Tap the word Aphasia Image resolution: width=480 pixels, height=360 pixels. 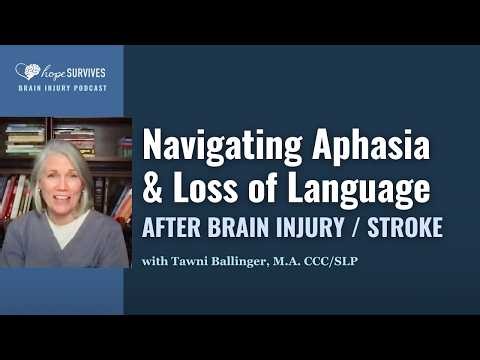[x=372, y=146]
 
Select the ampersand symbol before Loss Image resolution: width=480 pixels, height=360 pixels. [x=155, y=187]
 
